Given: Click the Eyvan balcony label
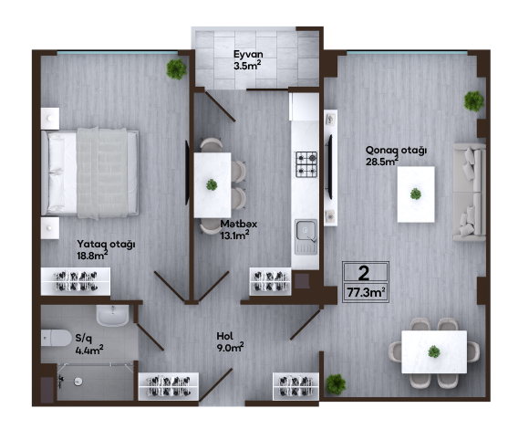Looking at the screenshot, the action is coord(248,54).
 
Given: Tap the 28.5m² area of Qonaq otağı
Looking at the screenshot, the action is coord(382,162).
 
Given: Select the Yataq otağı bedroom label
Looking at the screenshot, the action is coord(106,244).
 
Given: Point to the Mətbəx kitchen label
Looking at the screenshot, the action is coord(239,224).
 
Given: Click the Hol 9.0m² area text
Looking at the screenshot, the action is coord(230,347).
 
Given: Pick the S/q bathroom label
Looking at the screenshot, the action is coord(84,338).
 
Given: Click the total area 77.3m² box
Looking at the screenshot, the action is coord(366,292).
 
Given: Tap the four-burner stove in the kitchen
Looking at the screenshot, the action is coord(306,164).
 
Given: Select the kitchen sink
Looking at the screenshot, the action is coord(306,236).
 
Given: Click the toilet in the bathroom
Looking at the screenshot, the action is coord(56,338).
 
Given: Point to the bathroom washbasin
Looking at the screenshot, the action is coord(112,316).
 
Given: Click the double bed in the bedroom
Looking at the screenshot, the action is coord(90,173).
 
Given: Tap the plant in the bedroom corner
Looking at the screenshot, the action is coord(176,69).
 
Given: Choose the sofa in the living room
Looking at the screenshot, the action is coord(469,193).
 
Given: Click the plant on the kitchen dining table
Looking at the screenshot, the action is coord(212,184).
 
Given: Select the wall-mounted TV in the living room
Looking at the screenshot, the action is coord(330,167).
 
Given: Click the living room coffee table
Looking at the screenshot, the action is coord(416,194).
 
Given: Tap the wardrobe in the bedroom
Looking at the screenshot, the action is coord(76,281).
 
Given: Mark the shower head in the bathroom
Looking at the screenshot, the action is coord(61,382).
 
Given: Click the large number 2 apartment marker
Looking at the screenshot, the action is coord(364,273).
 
